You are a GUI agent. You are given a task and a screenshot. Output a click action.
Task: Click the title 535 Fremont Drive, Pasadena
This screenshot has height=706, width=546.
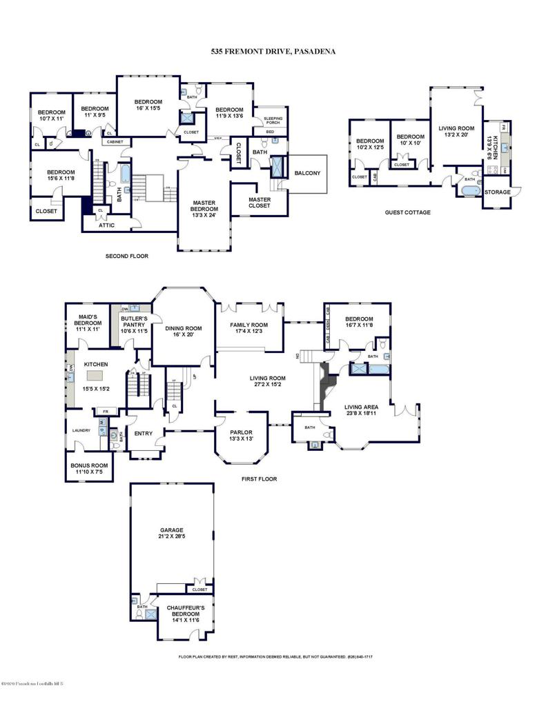pos(273,51)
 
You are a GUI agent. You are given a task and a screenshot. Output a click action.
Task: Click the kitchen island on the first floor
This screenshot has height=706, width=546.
pos(95,376)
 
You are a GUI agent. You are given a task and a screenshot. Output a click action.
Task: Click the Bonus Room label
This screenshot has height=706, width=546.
pos(90,469)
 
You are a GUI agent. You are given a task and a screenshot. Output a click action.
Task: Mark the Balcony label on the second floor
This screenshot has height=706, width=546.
pos(306,173)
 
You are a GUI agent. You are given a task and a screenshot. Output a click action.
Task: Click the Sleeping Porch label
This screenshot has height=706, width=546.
pos(273,121)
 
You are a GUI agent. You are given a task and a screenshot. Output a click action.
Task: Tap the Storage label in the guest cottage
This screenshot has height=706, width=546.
pos(497,192)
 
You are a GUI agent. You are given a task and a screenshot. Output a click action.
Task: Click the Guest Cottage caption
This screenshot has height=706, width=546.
pos(407,212)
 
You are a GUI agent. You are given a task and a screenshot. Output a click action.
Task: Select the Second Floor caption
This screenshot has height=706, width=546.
pos(126,256)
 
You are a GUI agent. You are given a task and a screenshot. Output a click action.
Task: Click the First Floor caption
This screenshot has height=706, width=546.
pos(259,478)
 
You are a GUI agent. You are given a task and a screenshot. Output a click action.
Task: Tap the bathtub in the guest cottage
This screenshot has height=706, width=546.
pos(469,190)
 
